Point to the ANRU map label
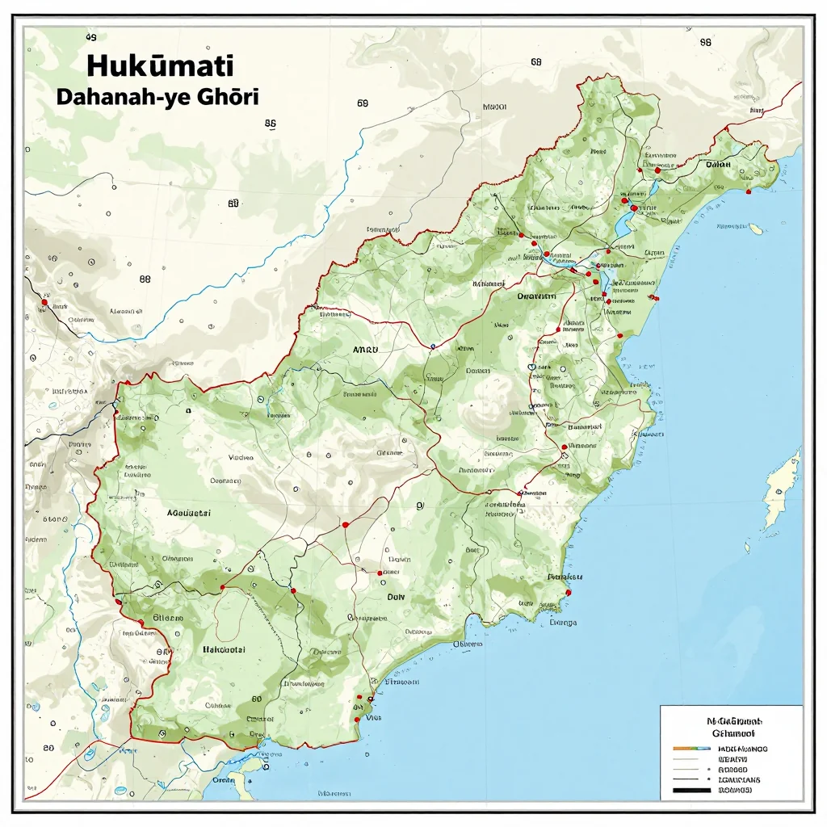tap(372, 351)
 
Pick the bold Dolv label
tap(395, 597)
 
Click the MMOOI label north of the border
tap(493, 107)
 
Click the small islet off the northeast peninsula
tap(757, 229)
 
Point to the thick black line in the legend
tap(695, 790)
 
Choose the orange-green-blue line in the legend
tap(690, 749)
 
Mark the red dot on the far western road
tap(44, 303)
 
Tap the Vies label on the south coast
tap(373, 716)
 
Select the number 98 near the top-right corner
tap(705, 42)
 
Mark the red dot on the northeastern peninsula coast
tap(749, 191)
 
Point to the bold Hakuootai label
tap(222, 649)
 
